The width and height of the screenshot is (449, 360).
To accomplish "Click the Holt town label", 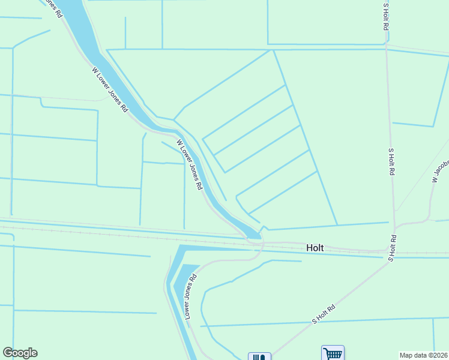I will pos(315,247).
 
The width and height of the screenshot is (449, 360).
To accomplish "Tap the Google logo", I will pos(20,353).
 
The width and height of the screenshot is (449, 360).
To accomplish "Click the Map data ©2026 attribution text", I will pos(424,355).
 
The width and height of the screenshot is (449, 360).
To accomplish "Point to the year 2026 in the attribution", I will pos(439,355).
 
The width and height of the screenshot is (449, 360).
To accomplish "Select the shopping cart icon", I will pos(332,353).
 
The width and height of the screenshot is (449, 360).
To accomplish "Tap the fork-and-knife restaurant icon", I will pos(259,356).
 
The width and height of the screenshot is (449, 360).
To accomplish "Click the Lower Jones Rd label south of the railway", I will pos(190,296).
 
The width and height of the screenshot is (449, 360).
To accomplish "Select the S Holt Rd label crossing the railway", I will pos(392,247).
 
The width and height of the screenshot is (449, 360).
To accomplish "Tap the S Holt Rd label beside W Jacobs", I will pos(391,161).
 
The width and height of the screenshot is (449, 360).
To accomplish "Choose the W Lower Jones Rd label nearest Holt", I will pos(189,165).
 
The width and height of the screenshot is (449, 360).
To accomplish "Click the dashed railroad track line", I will pos(120,231).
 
